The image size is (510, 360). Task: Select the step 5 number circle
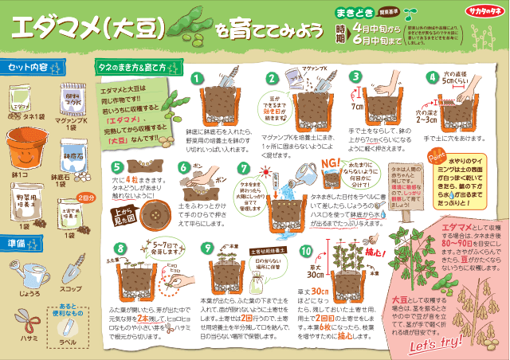118,166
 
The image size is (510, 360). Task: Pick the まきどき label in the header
351,12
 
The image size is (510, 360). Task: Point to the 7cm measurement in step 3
357,107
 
